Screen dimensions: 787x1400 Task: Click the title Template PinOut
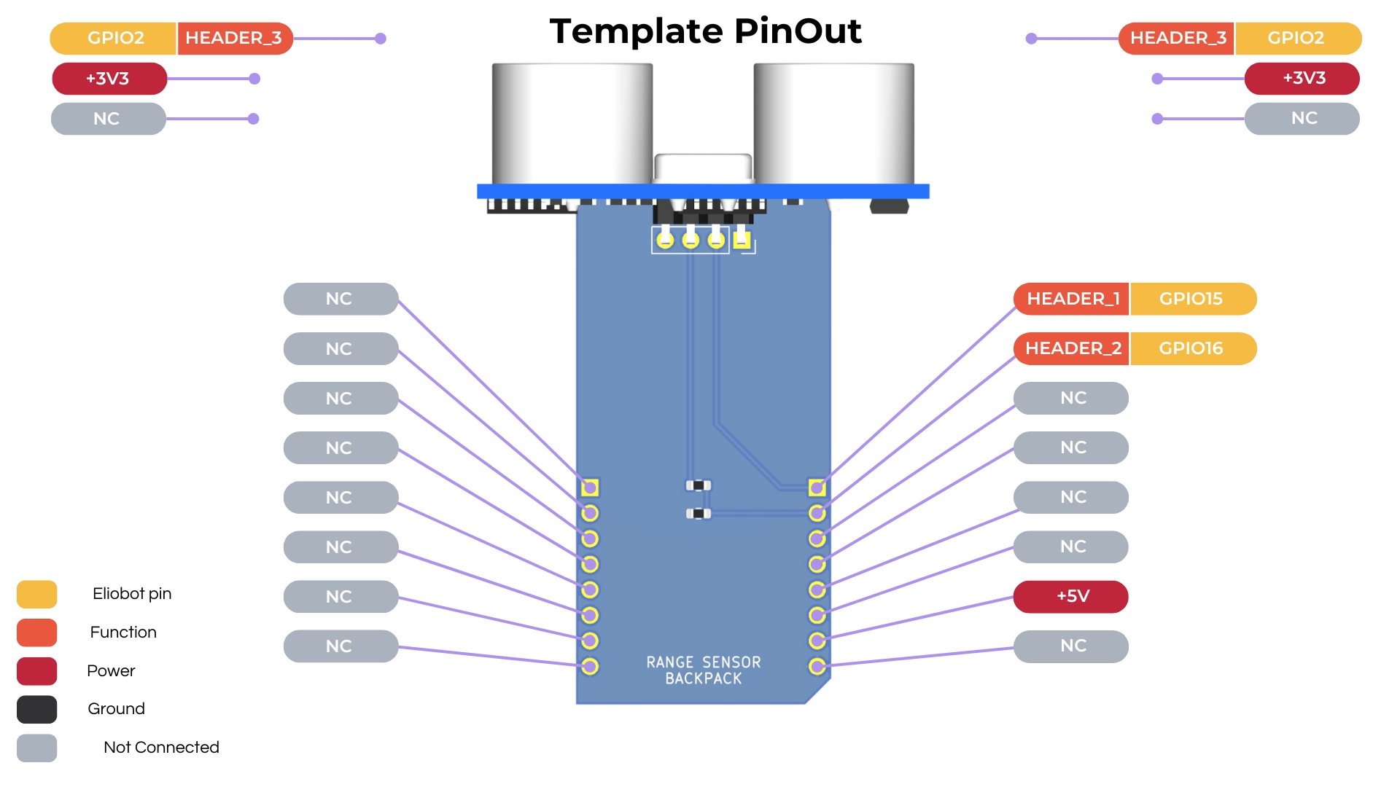[x=705, y=31]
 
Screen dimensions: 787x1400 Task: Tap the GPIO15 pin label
[x=1191, y=299]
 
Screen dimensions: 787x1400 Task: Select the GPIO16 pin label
[x=1191, y=348]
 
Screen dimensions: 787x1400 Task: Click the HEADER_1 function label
[x=1072, y=299]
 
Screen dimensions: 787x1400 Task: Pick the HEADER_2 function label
[x=1072, y=348]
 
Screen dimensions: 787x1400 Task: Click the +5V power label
[x=1071, y=596]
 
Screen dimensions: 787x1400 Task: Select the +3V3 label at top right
[x=1302, y=79]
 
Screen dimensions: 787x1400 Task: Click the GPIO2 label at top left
[x=114, y=39]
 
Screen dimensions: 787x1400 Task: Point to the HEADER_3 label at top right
[x=1177, y=39]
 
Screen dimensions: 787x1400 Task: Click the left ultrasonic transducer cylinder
[x=572, y=124]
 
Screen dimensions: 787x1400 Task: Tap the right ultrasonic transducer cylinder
[x=833, y=124]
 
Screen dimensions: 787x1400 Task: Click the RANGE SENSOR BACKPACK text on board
[x=703, y=670]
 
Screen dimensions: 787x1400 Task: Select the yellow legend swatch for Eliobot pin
[x=36, y=594]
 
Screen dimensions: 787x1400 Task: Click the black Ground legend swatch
[x=36, y=709]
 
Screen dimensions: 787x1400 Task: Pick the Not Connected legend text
[x=161, y=748]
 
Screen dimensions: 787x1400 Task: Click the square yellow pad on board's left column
[x=590, y=487]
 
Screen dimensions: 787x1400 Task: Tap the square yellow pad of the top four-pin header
[x=742, y=239]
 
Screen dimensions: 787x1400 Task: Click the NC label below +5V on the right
[x=1071, y=646]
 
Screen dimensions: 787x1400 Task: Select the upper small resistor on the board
[x=699, y=485]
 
